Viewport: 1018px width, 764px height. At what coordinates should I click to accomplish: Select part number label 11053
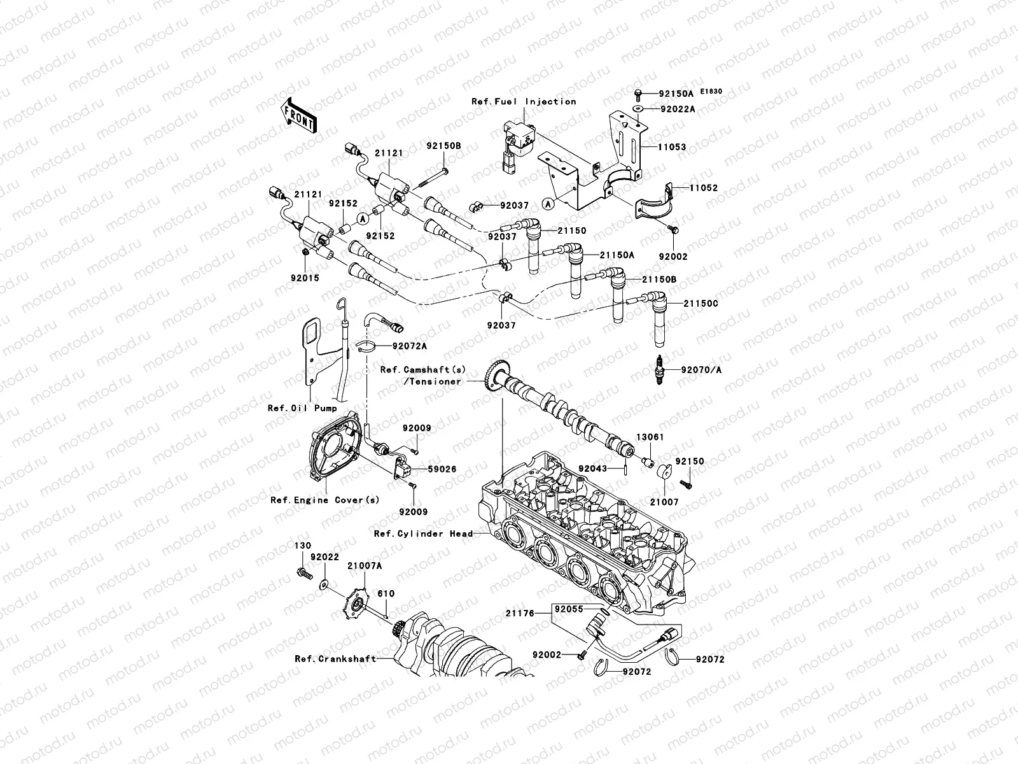click(672, 147)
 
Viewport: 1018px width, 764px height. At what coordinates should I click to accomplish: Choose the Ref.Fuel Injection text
click(524, 101)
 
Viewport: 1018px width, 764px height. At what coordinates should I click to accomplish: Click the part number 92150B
click(443, 146)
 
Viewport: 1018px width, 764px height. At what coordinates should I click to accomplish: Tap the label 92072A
click(409, 346)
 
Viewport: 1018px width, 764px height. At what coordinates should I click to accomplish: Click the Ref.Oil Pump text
click(302, 408)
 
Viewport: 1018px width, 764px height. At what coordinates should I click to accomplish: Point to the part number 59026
click(442, 469)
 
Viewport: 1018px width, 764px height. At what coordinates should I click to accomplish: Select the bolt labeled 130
click(303, 575)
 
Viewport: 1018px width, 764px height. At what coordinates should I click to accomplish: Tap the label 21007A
click(365, 565)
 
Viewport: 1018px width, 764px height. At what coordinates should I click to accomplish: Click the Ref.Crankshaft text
click(335, 659)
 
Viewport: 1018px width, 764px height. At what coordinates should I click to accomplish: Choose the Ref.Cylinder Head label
click(423, 534)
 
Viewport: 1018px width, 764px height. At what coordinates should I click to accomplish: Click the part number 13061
click(650, 437)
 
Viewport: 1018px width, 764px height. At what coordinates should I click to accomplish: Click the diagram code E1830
click(713, 92)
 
